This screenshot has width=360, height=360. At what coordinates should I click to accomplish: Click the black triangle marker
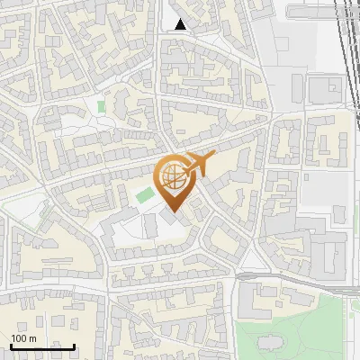pyautogui.click(x=181, y=24)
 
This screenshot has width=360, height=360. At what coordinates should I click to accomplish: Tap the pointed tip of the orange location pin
pyautogui.click(x=172, y=212)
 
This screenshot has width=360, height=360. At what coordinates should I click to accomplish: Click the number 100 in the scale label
pyautogui.click(x=19, y=338)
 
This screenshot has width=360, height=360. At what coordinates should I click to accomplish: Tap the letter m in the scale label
pyautogui.click(x=32, y=338)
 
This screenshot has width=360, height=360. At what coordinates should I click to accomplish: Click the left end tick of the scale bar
pyautogui.click(x=11, y=345)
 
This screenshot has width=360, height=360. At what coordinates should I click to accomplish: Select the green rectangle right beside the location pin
pyautogui.click(x=143, y=194)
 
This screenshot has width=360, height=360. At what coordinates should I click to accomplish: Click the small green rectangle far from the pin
pyautogui.click(x=101, y=107)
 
